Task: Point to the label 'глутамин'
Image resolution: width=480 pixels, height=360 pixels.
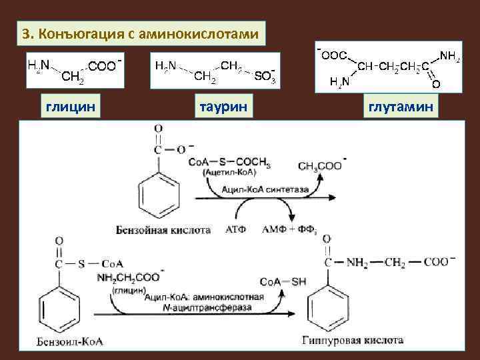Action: click(399, 106)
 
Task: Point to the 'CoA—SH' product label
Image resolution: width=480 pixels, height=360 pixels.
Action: click(283, 282)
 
